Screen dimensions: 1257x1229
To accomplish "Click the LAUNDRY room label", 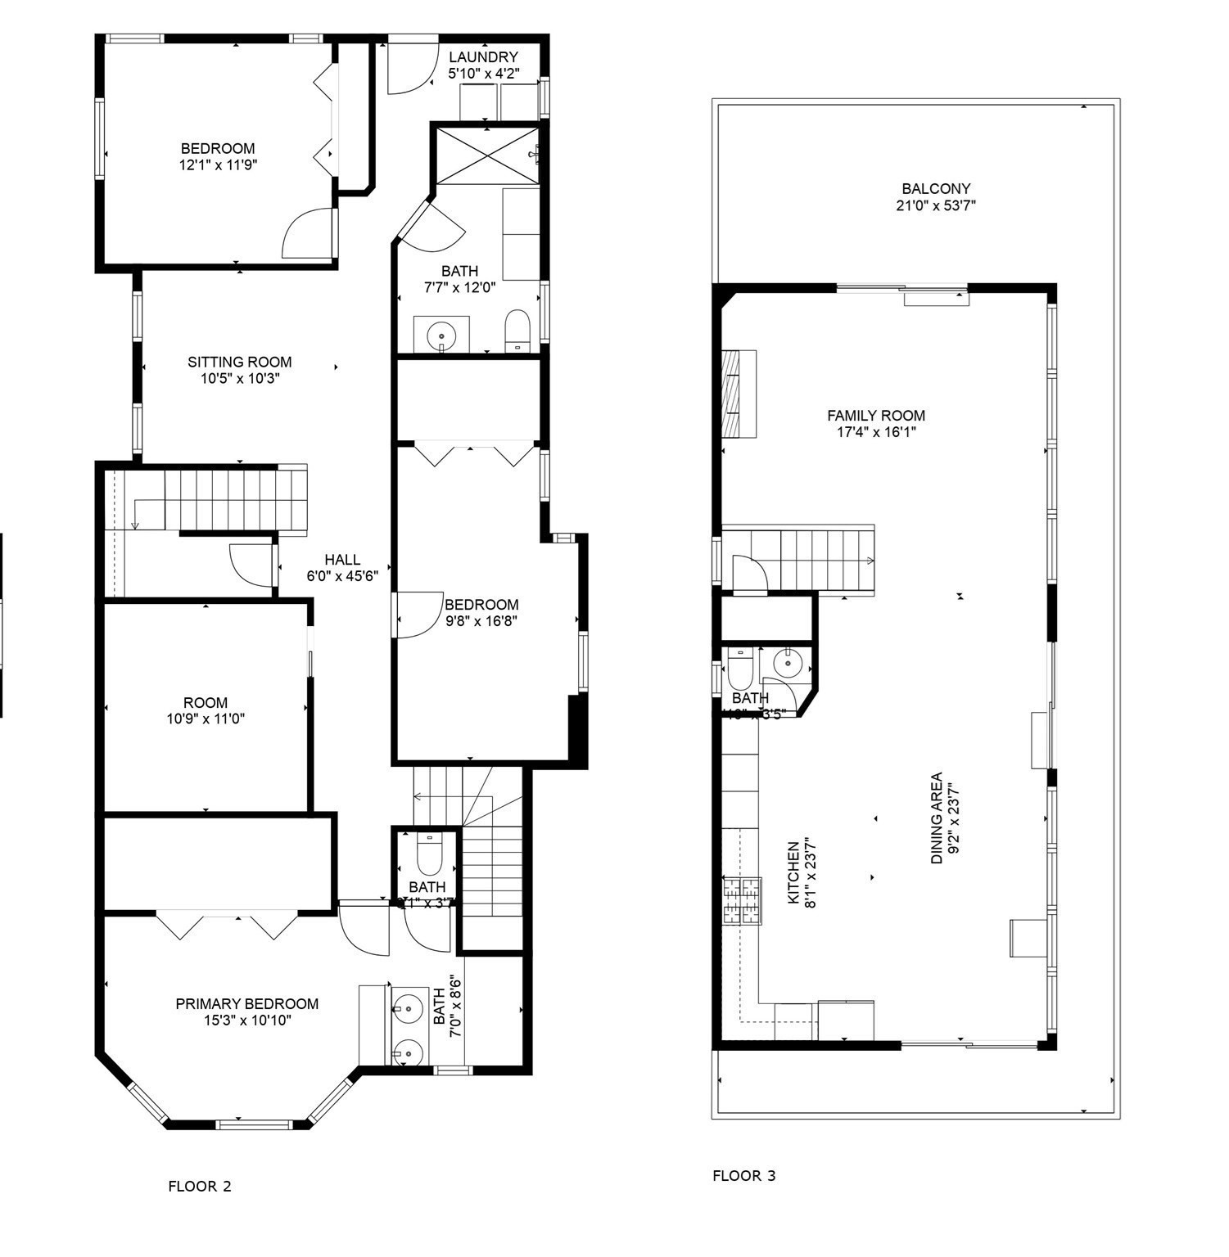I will click(x=483, y=57).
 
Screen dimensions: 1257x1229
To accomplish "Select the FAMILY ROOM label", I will click(x=875, y=416).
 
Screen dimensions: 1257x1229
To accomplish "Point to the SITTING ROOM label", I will click(x=240, y=362).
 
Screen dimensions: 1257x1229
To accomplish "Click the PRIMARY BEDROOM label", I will click(x=246, y=1004).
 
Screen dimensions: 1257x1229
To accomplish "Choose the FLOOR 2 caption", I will click(x=200, y=1186).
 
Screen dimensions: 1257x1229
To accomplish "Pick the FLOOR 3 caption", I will click(x=743, y=1176).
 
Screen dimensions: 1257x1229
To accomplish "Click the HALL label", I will click(x=341, y=560).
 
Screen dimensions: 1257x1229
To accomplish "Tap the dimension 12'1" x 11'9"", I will click(x=218, y=164).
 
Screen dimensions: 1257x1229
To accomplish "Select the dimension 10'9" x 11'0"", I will click(x=205, y=719).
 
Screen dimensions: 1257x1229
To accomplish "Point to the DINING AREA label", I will click(x=937, y=818).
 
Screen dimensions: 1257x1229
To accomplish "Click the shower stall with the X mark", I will click(x=486, y=153).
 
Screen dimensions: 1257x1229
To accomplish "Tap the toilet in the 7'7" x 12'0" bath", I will click(x=517, y=330).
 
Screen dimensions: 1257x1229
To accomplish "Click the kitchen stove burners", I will click(x=741, y=901).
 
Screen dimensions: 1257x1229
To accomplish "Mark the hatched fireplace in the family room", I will click(x=730, y=394).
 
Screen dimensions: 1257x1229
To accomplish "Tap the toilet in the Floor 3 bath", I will click(x=740, y=669).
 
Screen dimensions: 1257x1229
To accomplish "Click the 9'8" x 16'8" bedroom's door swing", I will click(x=415, y=615).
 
